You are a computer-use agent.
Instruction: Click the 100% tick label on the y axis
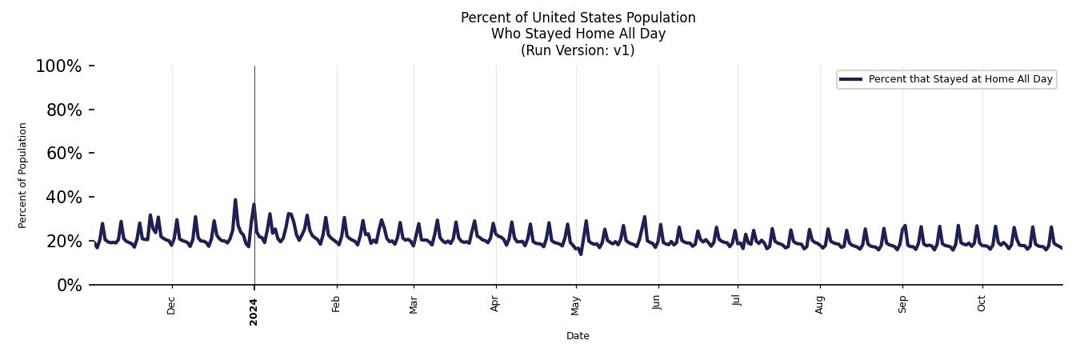[x=58, y=66]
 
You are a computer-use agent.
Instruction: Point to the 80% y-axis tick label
[x=64, y=110]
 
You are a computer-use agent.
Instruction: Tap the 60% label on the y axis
[x=64, y=154]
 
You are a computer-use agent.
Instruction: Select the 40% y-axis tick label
[x=64, y=198]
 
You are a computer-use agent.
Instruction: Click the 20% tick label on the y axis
[x=64, y=242]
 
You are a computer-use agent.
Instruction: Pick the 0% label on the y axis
[x=69, y=286]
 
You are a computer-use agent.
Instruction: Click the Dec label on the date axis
[x=171, y=305]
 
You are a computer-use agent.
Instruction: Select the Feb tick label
[x=336, y=304]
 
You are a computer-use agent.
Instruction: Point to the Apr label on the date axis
[x=495, y=304]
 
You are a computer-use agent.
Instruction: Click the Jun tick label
[x=658, y=304]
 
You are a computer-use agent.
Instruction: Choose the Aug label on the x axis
[x=819, y=304]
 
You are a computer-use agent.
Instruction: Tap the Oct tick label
[x=982, y=304]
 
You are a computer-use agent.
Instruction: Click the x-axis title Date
[x=578, y=336]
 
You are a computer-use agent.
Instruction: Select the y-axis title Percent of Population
[x=23, y=175]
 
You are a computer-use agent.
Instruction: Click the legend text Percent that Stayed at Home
[x=960, y=79]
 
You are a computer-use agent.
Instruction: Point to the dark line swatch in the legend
[x=851, y=79]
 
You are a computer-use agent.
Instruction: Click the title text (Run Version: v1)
[x=578, y=50]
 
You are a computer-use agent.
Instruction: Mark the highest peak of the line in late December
[x=235, y=200]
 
